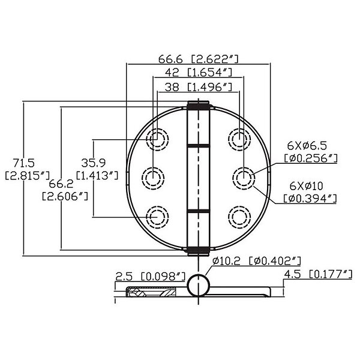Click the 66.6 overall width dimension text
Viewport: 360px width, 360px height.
[170, 59]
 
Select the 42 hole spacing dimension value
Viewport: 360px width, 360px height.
[172, 73]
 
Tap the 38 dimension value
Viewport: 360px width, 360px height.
[172, 87]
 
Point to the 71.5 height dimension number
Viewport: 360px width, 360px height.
[23, 163]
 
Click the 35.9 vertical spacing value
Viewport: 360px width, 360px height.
[93, 163]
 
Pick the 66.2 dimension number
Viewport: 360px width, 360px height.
[61, 184]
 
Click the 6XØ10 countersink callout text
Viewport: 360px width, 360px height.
[306, 186]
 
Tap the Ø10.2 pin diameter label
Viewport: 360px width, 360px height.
[226, 261]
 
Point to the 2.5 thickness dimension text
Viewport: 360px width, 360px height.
[124, 277]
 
